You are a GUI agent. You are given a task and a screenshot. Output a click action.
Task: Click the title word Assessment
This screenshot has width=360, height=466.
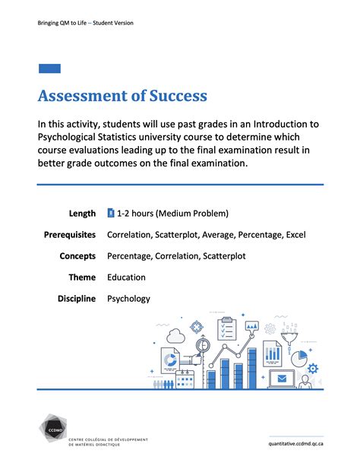(84, 97)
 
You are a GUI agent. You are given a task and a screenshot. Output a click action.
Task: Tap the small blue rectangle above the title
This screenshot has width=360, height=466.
(49, 68)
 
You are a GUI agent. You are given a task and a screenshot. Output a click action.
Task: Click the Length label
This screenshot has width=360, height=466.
(82, 214)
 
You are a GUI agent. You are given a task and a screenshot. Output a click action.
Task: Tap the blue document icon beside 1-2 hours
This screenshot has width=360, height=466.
(111, 213)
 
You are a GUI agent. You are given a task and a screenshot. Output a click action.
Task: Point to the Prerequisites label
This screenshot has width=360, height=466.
(70, 235)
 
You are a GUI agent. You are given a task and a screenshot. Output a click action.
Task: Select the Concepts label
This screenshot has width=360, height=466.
(77, 256)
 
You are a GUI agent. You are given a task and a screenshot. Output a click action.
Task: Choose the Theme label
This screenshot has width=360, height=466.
(81, 277)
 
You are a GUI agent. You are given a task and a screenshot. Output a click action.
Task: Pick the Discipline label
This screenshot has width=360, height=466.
(77, 299)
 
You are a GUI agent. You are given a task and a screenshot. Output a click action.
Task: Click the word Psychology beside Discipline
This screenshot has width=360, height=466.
(129, 299)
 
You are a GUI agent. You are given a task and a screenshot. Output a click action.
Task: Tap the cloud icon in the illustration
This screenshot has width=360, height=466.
(175, 334)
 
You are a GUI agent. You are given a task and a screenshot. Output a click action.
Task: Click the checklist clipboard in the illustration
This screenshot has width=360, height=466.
(227, 329)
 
